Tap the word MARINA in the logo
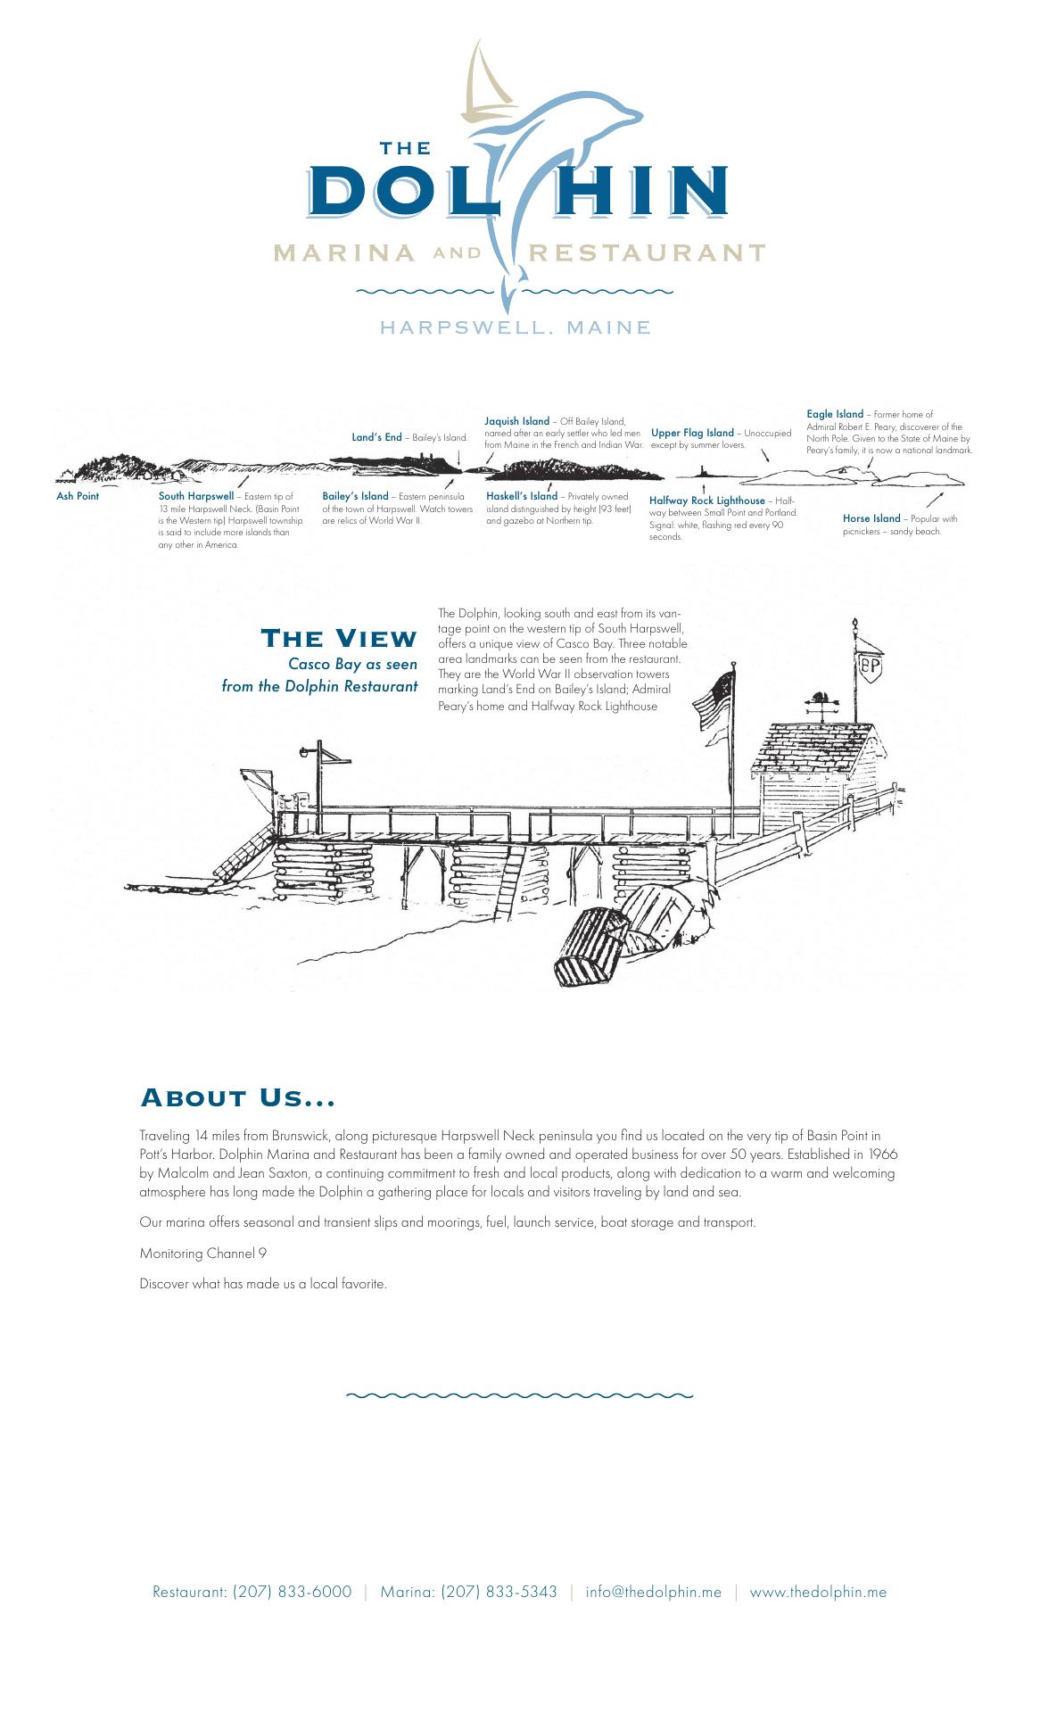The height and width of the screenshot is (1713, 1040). (x=344, y=252)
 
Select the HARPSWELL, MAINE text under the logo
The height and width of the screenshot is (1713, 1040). (x=516, y=327)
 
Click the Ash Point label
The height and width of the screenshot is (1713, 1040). (x=78, y=496)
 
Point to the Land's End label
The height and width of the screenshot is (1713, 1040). (x=376, y=437)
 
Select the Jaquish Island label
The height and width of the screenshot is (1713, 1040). (x=516, y=421)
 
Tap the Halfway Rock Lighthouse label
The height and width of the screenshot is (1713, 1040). (x=707, y=501)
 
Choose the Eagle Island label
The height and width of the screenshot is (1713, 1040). (x=835, y=414)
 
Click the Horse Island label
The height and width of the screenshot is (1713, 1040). (x=871, y=518)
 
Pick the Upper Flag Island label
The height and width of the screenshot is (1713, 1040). (x=692, y=433)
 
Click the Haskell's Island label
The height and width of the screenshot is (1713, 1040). (x=521, y=496)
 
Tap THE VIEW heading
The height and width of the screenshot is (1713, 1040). (x=339, y=638)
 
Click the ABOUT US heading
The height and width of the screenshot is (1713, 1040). (x=238, y=1097)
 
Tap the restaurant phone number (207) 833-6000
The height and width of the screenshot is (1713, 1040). (x=292, y=1592)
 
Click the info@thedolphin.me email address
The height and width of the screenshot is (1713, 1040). (x=653, y=1592)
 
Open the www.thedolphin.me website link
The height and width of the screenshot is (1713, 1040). (x=818, y=1592)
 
